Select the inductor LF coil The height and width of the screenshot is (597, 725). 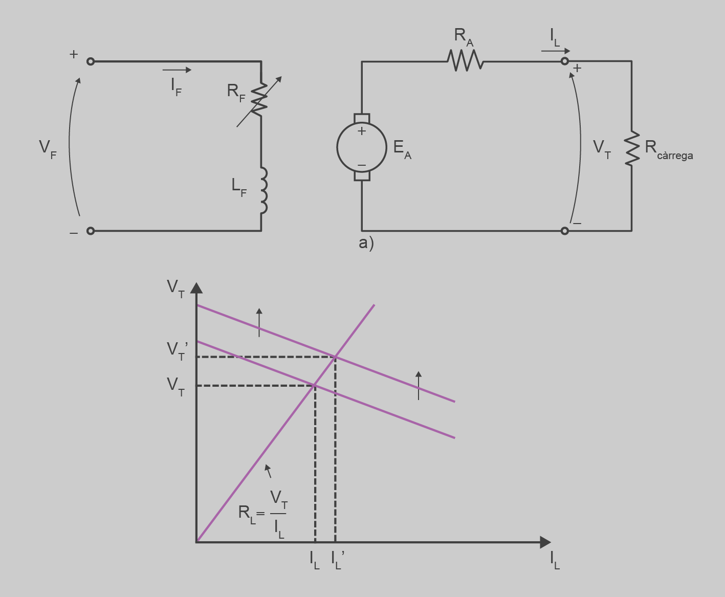click(263, 190)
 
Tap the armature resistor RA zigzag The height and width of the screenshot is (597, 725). click(465, 61)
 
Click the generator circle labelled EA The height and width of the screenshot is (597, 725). click(362, 147)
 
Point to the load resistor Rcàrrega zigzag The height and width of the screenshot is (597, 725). click(632, 148)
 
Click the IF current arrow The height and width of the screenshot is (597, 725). click(177, 70)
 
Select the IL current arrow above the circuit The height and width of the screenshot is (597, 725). click(556, 51)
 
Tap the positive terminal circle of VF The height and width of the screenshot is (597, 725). click(91, 61)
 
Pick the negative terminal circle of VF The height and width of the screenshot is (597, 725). click(91, 231)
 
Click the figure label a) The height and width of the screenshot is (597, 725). click(366, 243)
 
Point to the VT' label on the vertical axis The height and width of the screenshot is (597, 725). click(177, 350)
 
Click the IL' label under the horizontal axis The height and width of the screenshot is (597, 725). click(338, 559)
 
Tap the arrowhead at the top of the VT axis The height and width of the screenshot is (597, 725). click(196, 288)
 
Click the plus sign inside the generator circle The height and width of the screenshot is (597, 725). click(362, 131)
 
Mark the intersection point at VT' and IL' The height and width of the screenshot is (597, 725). click(335, 357)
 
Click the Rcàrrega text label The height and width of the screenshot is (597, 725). click(669, 148)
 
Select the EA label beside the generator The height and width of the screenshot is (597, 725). click(402, 149)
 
